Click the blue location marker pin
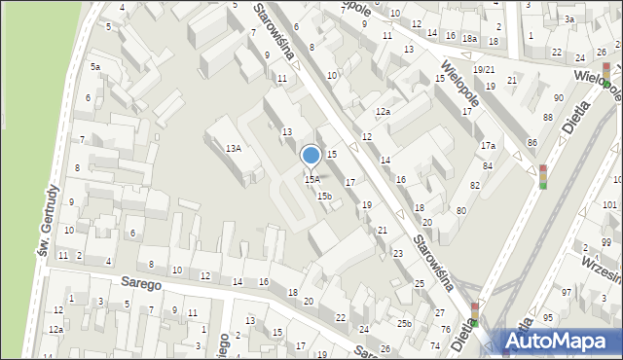tap(311, 156)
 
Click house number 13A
tap(233, 148)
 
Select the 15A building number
tap(311, 179)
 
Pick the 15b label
tap(324, 196)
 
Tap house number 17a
tap(488, 145)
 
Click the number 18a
tap(469, 38)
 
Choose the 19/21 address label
tap(484, 70)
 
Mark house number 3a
tap(569, 18)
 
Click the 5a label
tap(95, 66)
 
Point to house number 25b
tap(404, 323)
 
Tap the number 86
tap(531, 143)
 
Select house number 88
tap(547, 118)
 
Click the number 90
tap(558, 98)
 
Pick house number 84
tap(488, 165)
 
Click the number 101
tap(608, 205)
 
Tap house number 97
tap(566, 292)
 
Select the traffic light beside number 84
tap(543, 176)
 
